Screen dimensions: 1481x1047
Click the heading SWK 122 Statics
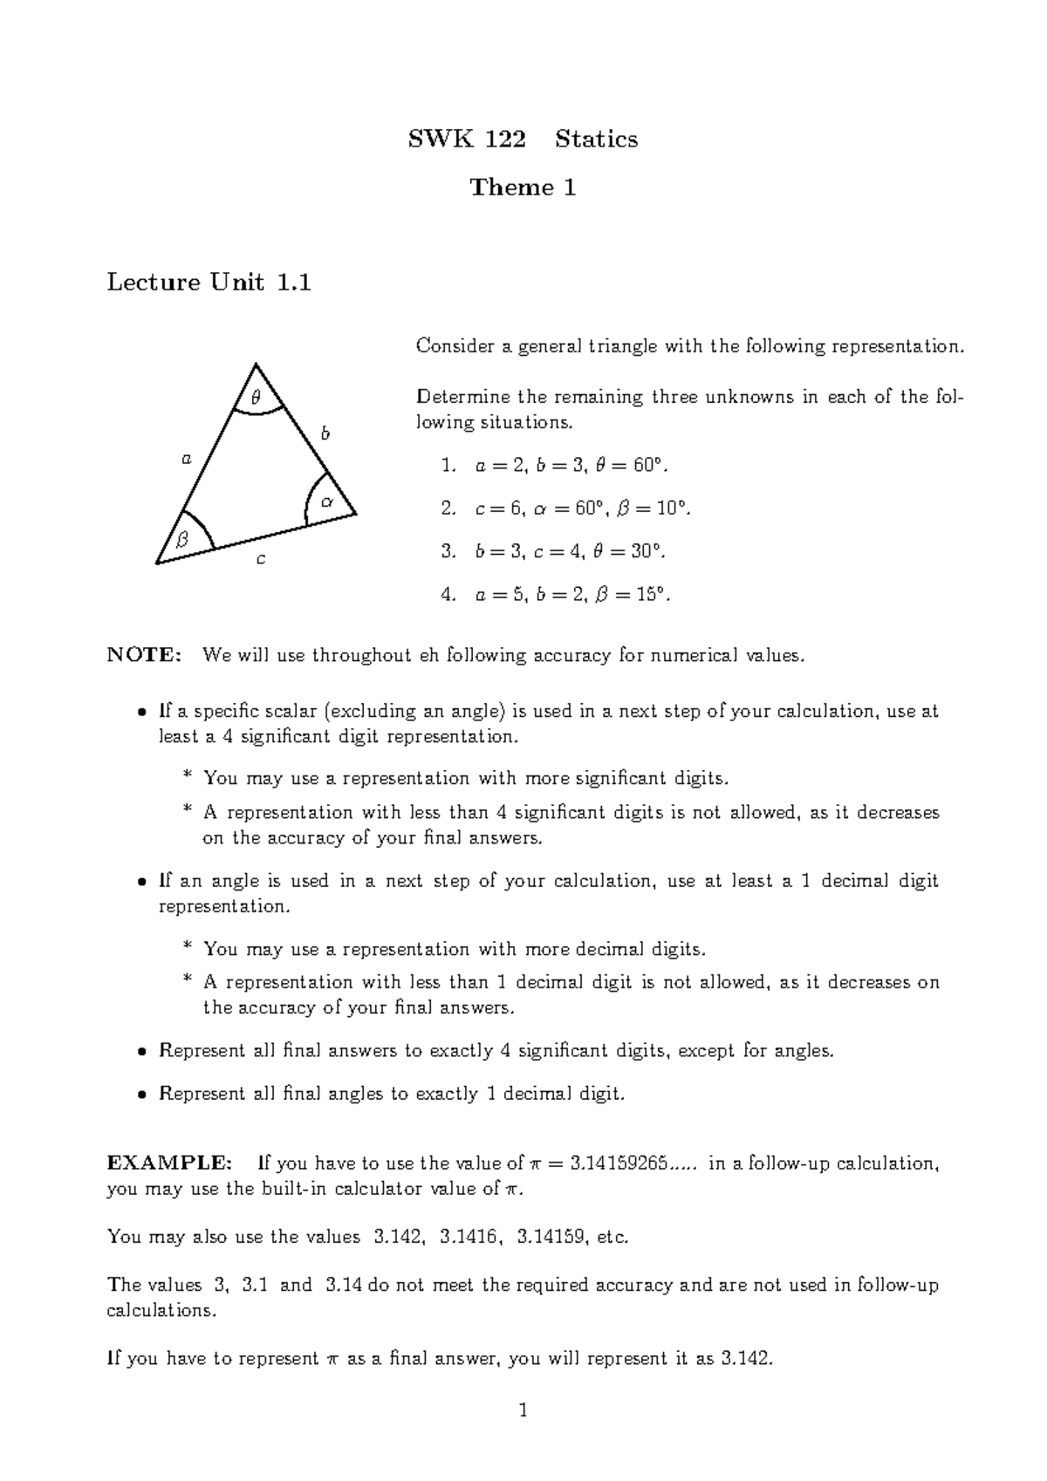pyautogui.click(x=523, y=140)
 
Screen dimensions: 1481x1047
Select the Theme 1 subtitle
pyautogui.click(x=523, y=188)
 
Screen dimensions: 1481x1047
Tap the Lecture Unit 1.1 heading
pyautogui.click(x=209, y=283)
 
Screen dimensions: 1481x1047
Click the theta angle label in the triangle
pyautogui.click(x=256, y=397)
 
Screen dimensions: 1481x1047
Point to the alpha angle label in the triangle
pyautogui.click(x=327, y=502)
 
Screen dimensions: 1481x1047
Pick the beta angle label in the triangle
pyautogui.click(x=182, y=540)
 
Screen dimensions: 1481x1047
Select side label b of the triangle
pyautogui.click(x=325, y=433)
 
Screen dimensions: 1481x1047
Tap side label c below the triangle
pyautogui.click(x=259, y=559)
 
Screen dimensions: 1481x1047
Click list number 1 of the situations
pyautogui.click(x=448, y=466)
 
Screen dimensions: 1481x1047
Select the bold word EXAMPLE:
pyautogui.click(x=169, y=1164)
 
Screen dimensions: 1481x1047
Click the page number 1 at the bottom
pyautogui.click(x=523, y=1409)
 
